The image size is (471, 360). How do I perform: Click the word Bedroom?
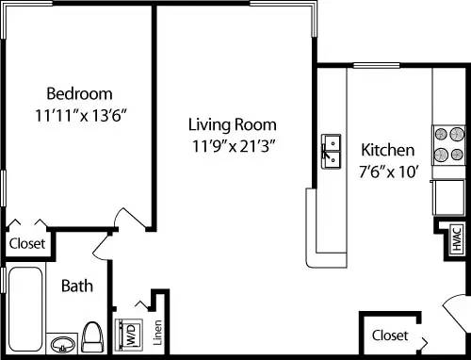pyautogui.click(x=80, y=93)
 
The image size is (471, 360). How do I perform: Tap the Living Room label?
pyautogui.click(x=231, y=124)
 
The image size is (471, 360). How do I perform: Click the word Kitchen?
pyautogui.click(x=387, y=150)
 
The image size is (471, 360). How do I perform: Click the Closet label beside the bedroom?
pyautogui.click(x=26, y=243)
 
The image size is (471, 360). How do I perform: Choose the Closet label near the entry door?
pyautogui.click(x=389, y=335)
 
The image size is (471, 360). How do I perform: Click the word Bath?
pyautogui.click(x=75, y=286)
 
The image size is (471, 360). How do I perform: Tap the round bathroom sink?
pyautogui.click(x=62, y=343)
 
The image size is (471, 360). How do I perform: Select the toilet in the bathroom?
pyautogui.click(x=92, y=336)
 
